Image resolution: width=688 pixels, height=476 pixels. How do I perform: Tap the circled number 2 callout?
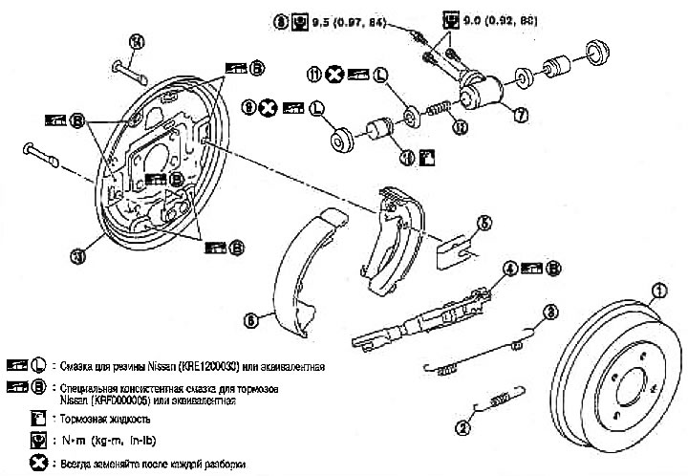coord(463,428)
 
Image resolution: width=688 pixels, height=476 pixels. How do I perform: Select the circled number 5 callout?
coord(485,224)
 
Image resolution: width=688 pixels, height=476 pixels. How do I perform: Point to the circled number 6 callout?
coord(250,322)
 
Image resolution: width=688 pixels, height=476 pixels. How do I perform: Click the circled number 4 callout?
coord(510,269)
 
